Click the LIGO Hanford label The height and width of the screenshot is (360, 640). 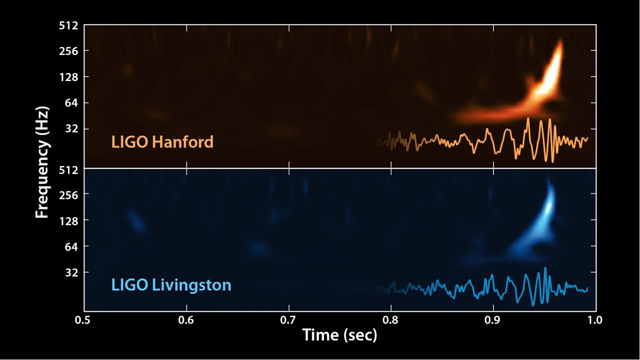(162, 142)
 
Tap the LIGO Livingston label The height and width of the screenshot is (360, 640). (171, 285)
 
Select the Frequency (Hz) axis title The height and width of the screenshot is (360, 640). (42, 161)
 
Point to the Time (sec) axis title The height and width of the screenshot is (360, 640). (339, 334)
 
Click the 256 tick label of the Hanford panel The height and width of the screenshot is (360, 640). (68, 51)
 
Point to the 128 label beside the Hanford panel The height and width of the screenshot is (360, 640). (68, 77)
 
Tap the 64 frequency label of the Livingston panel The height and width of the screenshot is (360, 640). (71, 246)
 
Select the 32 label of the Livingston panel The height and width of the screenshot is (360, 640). (71, 272)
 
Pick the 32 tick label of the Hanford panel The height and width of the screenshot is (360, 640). (71, 129)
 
